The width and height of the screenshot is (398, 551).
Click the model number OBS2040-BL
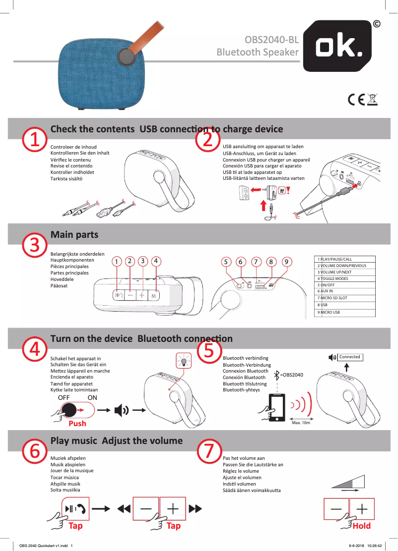point(272,40)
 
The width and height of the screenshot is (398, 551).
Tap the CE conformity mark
point(356,100)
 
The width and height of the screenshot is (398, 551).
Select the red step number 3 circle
point(34,244)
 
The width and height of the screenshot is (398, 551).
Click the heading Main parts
point(74,234)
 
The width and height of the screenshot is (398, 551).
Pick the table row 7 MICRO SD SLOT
point(345,298)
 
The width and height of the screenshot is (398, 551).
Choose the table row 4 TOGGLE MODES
point(345,278)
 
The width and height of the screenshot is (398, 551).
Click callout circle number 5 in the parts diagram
point(226,261)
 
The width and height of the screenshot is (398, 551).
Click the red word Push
point(77,424)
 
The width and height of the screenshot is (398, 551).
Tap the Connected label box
point(350,357)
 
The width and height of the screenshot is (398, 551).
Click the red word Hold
point(361,526)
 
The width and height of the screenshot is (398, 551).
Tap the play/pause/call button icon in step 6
point(75,508)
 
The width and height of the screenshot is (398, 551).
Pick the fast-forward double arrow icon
point(196,508)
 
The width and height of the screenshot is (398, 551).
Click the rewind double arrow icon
point(124,508)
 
